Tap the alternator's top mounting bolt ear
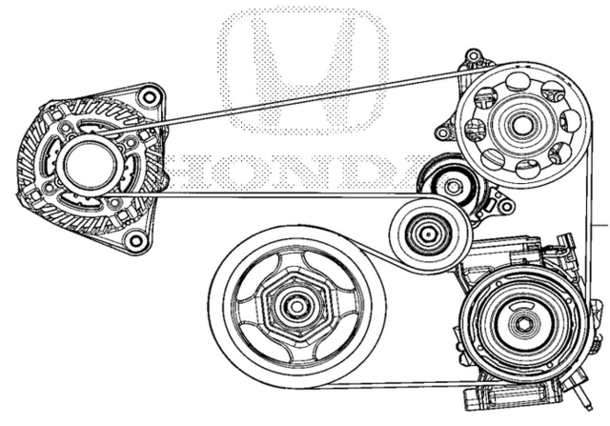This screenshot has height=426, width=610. pos(145,97)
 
